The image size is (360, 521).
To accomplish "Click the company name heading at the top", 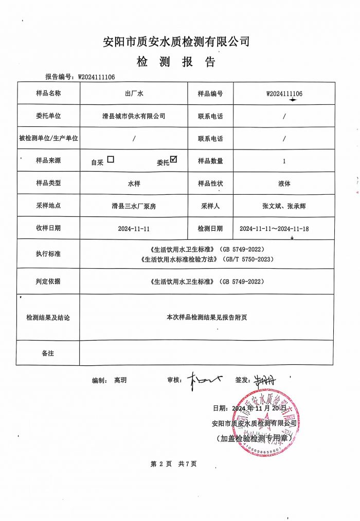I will click(176, 42).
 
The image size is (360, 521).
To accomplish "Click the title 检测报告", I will click(176, 63).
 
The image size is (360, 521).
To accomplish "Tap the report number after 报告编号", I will click(96, 77).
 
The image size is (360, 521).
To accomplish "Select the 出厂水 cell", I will click(134, 94).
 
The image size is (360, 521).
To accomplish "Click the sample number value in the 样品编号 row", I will click(284, 94).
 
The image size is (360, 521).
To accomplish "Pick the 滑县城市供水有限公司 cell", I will click(134, 116).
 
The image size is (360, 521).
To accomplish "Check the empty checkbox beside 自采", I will click(111, 159).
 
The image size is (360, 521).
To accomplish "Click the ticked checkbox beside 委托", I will click(173, 159).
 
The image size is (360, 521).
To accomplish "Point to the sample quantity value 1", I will click(284, 161).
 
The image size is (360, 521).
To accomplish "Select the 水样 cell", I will click(134, 183).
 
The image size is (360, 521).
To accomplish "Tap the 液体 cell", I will click(284, 183).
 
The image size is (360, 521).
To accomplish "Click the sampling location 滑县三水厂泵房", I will click(134, 206).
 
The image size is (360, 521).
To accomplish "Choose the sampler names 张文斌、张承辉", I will click(284, 206).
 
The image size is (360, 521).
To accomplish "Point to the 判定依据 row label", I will click(48, 282).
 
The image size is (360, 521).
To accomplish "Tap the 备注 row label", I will click(48, 353).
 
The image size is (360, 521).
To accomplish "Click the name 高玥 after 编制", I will click(120, 380).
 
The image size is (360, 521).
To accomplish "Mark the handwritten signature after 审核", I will click(205, 380).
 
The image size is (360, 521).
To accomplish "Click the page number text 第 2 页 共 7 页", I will click(173, 464).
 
